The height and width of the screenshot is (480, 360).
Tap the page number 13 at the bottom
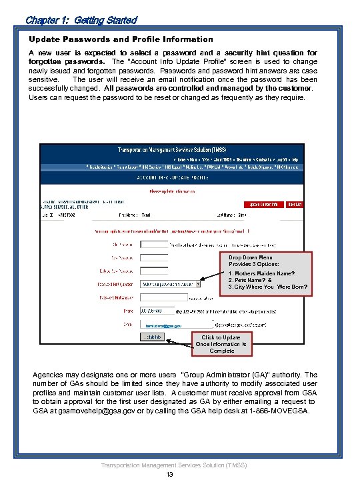point(170,474)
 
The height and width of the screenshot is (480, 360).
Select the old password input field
point(154,244)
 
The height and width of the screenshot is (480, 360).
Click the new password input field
point(154,257)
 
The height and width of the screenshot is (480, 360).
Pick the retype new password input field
point(154,270)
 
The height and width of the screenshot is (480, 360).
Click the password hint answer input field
point(154,297)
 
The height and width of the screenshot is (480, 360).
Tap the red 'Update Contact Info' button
point(264,205)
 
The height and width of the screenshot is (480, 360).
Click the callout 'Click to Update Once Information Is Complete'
point(221,344)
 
